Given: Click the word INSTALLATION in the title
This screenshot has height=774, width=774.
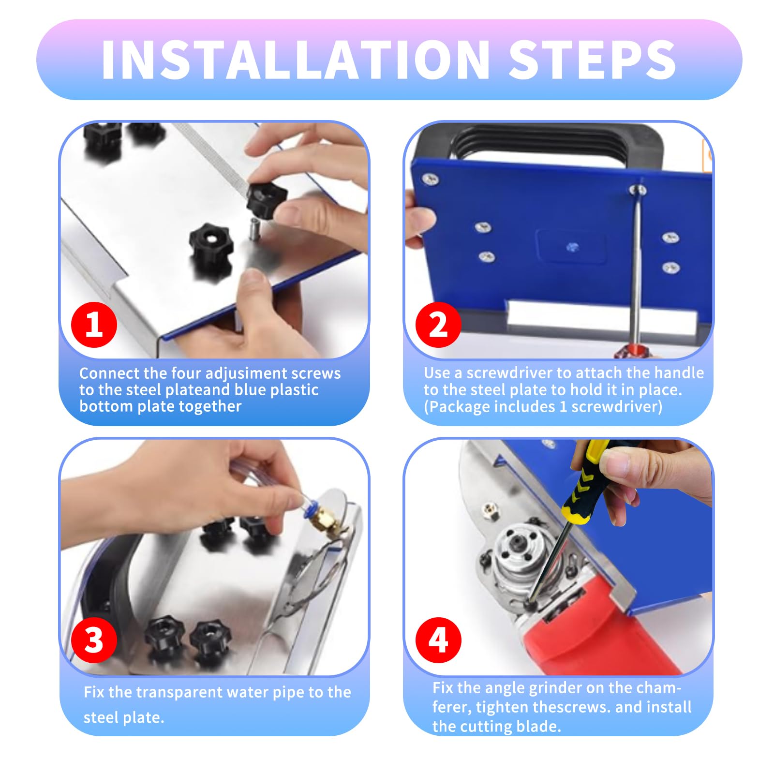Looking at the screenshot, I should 295,60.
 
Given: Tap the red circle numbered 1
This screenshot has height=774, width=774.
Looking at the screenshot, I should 94,325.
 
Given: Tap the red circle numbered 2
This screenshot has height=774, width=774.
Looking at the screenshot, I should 438,325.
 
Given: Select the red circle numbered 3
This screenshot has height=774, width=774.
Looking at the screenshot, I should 94,640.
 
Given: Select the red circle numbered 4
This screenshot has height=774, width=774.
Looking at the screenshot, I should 438,640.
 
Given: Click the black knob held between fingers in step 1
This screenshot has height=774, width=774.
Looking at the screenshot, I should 266,198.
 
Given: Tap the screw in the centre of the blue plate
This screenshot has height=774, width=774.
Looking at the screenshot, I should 572,247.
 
